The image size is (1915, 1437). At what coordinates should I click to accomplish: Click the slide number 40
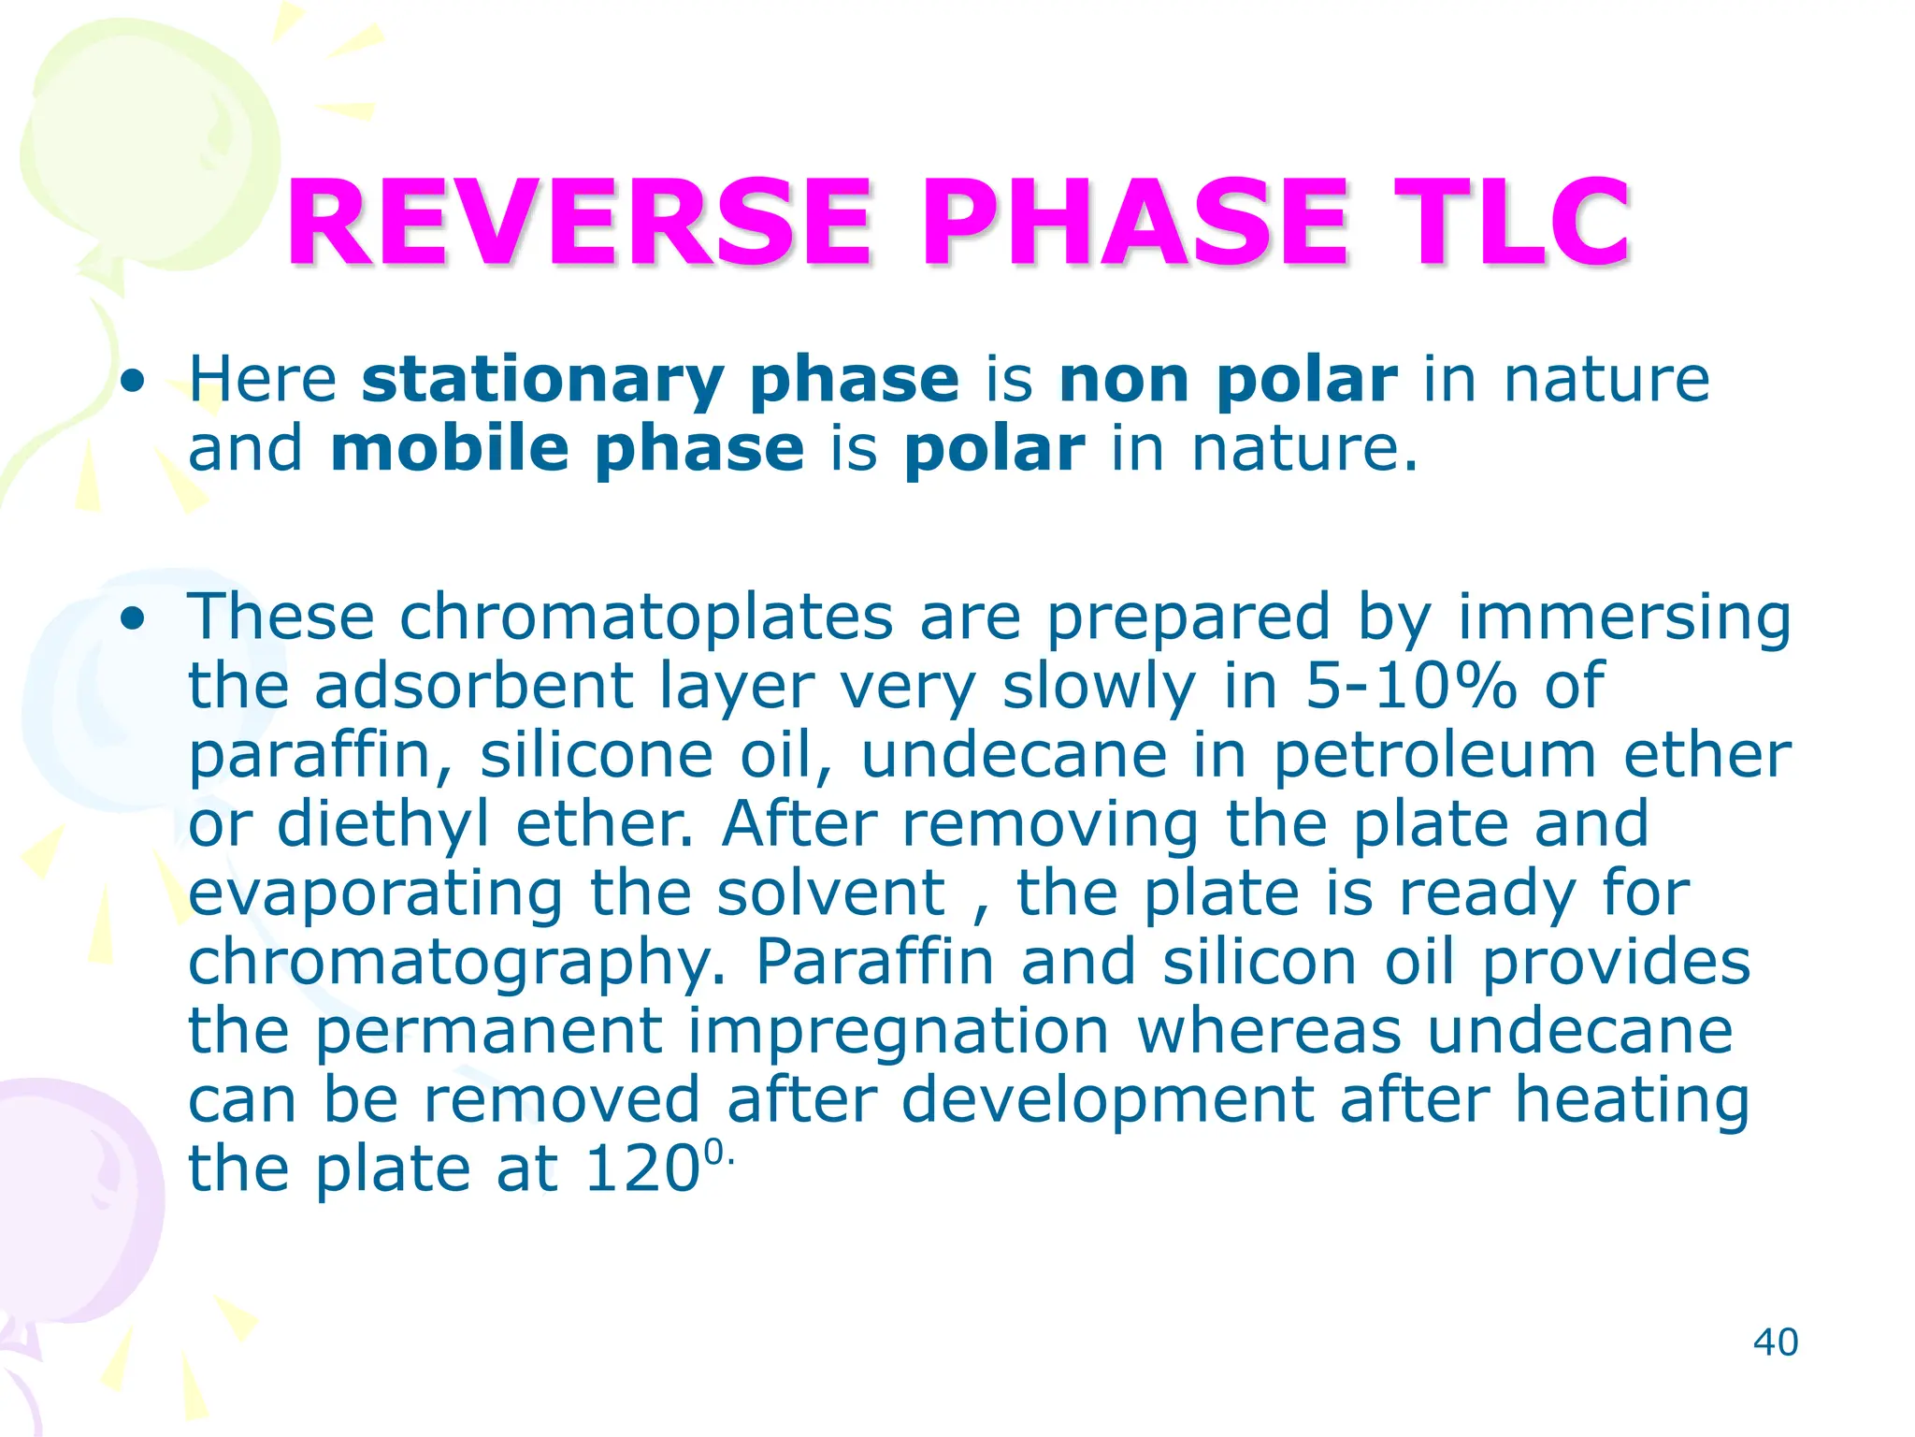point(1775,1343)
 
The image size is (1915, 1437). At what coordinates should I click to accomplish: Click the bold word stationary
point(542,382)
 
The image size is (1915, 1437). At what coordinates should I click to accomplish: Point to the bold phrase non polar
point(1228,382)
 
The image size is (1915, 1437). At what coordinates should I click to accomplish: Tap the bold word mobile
point(449,449)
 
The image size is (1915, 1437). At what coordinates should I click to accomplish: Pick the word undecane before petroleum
point(1014,756)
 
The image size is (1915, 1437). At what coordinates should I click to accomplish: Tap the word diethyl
point(383,825)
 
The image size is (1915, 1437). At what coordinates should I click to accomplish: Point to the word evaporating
point(376,894)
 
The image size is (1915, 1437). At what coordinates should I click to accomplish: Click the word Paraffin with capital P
point(874,963)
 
